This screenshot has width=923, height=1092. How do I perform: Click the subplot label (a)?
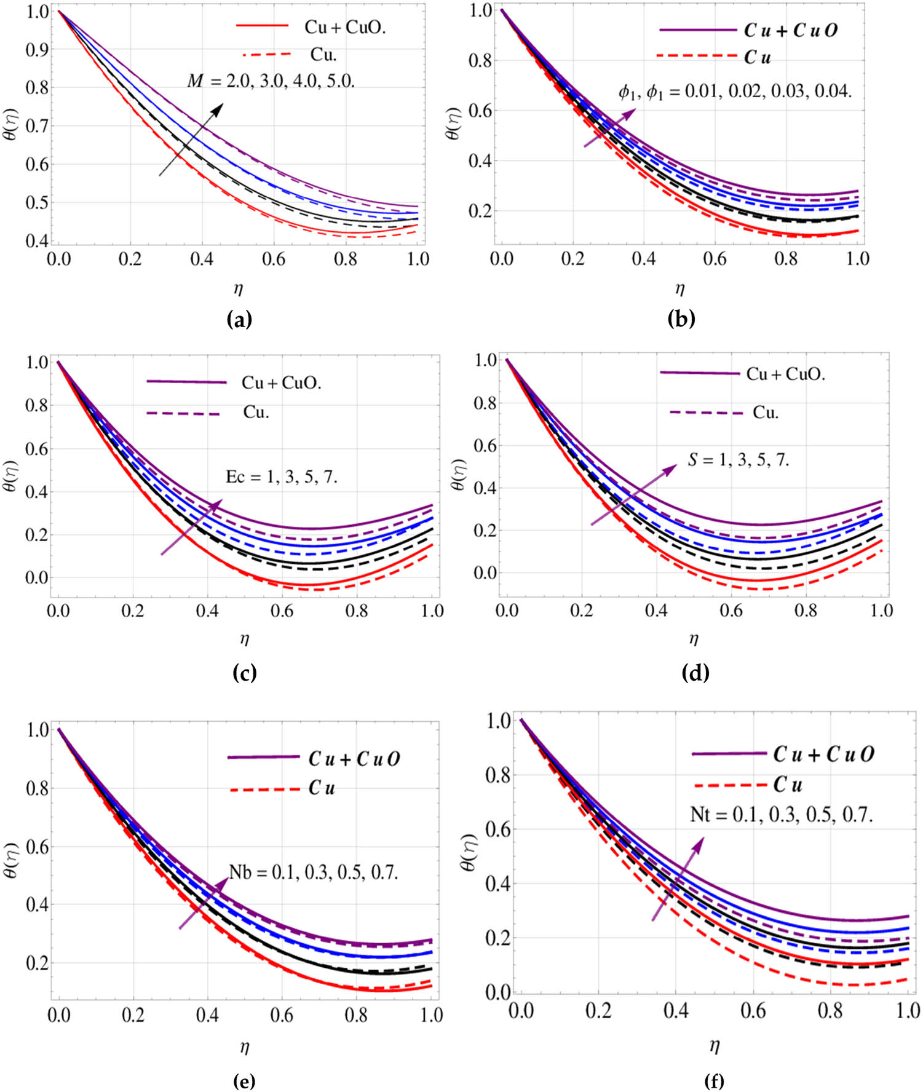239,319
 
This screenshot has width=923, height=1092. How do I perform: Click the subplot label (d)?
695,673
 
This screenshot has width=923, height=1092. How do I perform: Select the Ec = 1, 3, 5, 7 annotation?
282,477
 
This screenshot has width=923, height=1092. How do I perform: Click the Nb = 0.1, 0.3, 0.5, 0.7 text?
314,871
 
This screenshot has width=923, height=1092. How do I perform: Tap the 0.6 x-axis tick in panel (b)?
715,259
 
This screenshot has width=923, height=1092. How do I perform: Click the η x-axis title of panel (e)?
245,1047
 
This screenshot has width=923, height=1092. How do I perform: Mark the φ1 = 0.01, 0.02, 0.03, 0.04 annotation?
735,93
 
